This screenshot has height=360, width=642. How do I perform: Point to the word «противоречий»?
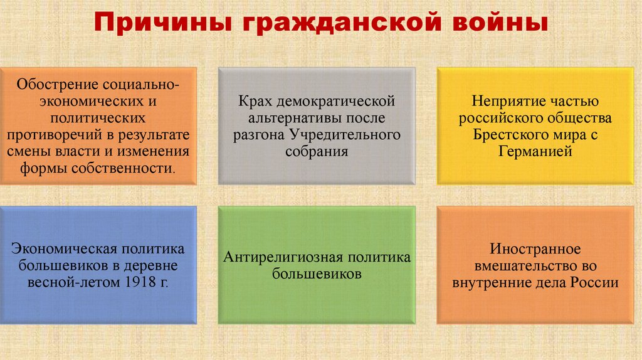54,135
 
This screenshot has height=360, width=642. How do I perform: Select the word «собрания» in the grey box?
316,152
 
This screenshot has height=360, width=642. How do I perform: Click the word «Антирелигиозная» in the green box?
273,257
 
